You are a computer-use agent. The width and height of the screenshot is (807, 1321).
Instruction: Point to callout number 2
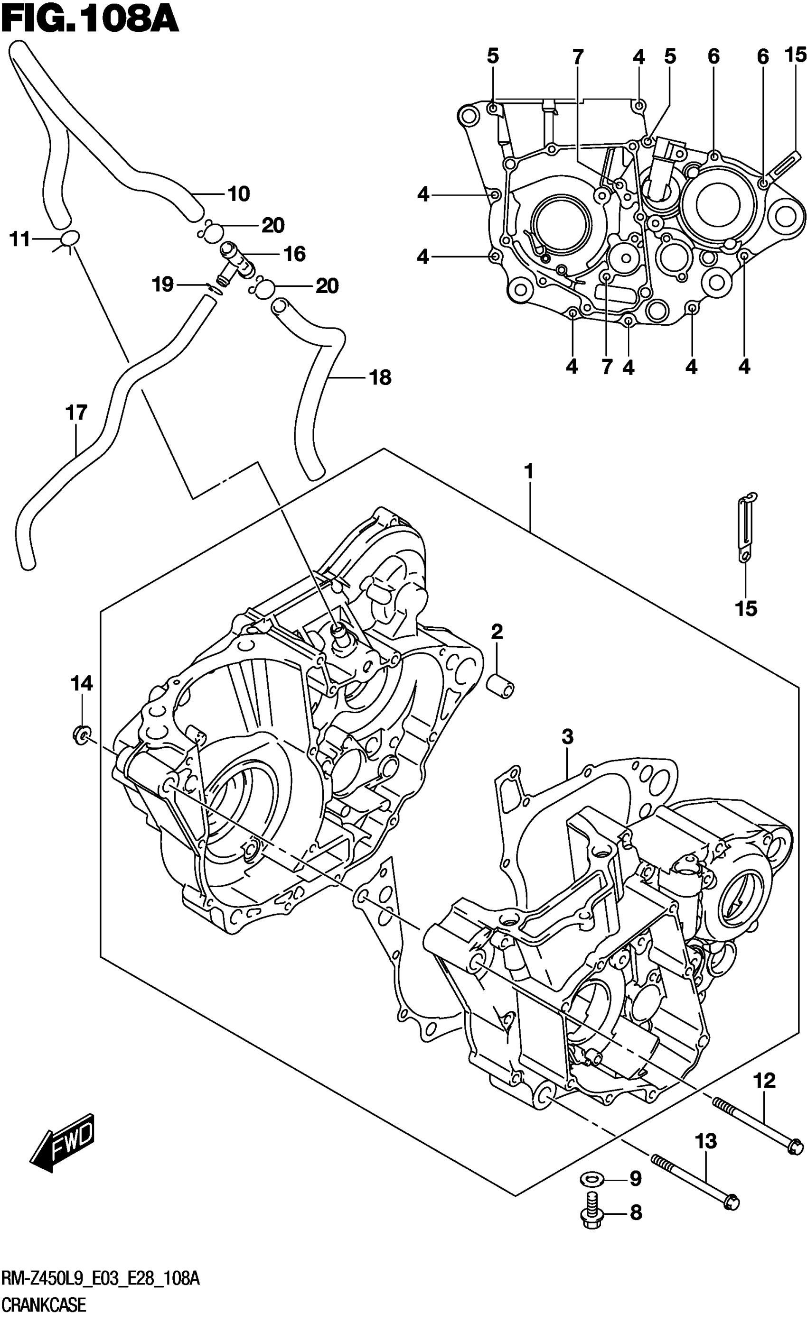(497, 632)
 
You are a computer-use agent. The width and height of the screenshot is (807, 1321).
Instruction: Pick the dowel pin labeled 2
(500, 686)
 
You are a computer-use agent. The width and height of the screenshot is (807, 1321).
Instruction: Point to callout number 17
(76, 413)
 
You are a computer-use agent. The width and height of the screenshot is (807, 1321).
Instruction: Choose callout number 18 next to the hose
(380, 378)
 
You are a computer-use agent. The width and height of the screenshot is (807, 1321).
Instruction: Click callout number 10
(239, 193)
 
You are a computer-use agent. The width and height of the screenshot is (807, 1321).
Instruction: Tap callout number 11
(20, 239)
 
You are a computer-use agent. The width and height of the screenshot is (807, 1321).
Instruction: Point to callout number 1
(528, 472)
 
